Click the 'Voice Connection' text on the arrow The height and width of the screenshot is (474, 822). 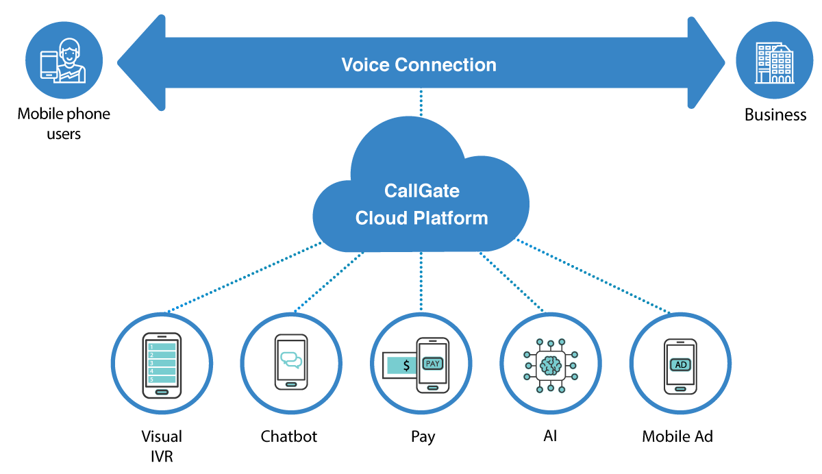(419, 65)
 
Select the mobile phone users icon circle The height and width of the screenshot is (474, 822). (63, 60)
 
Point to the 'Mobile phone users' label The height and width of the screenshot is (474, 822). (63, 123)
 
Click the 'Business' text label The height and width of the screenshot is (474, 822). (775, 114)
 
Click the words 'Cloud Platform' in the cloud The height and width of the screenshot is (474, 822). (421, 218)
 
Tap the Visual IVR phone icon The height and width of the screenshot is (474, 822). (162, 364)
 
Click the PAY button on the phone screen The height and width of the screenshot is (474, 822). (433, 363)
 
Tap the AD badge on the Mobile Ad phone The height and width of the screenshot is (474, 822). (681, 364)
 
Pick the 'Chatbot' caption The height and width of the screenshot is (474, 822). (289, 436)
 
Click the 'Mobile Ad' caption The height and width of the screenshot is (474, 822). (677, 436)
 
